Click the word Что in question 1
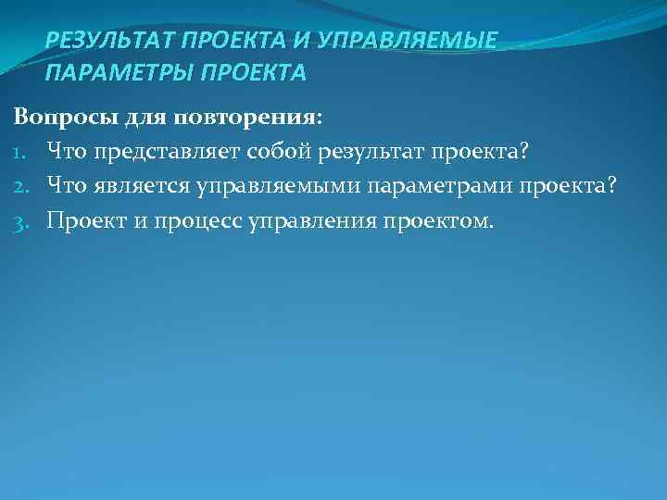[x=66, y=152]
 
